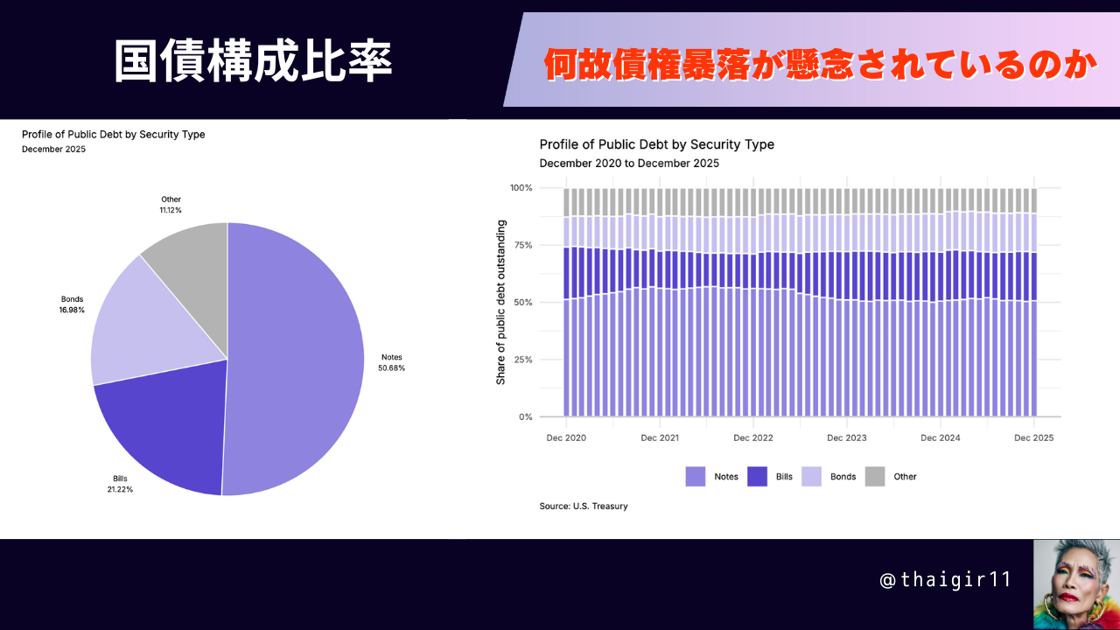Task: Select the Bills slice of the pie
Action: coord(166,420)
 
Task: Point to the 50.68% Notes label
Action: coord(391,362)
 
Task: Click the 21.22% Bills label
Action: coord(120,484)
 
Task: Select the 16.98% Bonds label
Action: coord(72,304)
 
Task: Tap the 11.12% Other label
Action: coord(171,205)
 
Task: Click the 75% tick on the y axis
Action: coord(521,245)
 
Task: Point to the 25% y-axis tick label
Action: coord(521,360)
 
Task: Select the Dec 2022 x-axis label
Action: coord(753,437)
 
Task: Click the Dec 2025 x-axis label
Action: coord(1034,437)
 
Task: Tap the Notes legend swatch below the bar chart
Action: coord(696,477)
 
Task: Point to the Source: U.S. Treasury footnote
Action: coord(584,506)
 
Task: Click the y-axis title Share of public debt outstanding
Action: coord(501,302)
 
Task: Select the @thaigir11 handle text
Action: coord(945,580)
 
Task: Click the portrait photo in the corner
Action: coord(1076,584)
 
